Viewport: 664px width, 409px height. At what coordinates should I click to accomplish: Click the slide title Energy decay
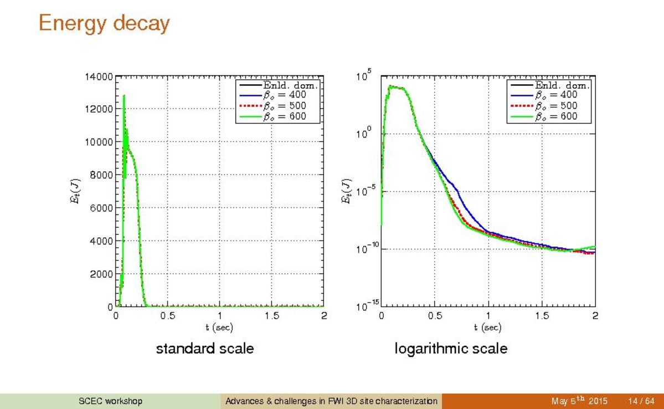[x=104, y=24]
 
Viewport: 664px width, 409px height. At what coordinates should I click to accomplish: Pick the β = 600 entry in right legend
[x=555, y=116]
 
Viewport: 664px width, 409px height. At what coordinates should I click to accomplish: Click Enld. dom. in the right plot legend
[x=562, y=85]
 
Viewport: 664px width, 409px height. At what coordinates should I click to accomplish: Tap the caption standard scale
[x=205, y=349]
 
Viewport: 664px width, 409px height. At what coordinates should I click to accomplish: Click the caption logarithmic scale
[x=451, y=349]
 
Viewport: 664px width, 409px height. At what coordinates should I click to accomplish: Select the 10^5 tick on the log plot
[x=366, y=76]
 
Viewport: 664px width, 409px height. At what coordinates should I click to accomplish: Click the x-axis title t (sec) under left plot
[x=219, y=328]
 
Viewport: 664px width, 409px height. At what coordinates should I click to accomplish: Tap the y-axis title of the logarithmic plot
[x=346, y=191]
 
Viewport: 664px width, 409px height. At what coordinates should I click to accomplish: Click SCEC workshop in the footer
[x=110, y=401]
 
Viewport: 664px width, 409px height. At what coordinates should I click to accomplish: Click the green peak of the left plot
[x=124, y=96]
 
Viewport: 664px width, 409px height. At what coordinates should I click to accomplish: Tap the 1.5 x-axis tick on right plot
[x=542, y=316]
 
